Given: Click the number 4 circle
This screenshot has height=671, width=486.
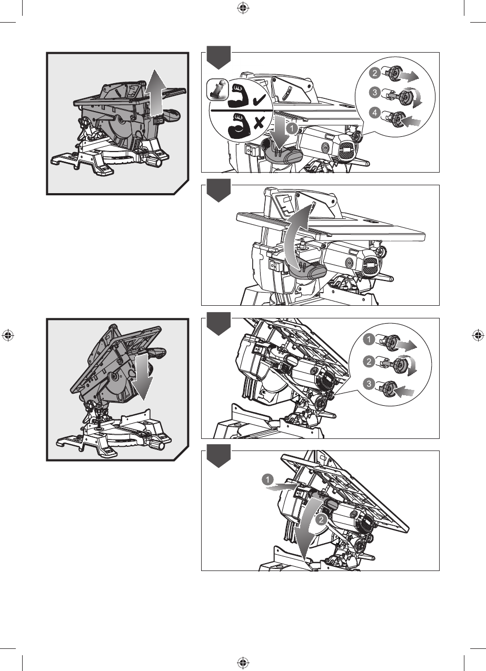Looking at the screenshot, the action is pos(375,113).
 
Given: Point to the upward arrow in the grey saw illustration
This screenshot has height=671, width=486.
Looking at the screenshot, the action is pos(155,93).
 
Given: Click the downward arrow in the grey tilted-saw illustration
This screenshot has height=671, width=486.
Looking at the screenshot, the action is pos(142,376).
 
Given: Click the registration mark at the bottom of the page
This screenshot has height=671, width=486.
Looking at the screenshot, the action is pos(243,663).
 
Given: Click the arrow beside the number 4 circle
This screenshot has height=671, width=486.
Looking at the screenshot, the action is pos(411,122).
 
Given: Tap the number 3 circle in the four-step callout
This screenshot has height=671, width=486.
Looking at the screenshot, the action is pos(375,93).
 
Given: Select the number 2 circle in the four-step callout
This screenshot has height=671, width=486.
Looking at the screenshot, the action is pos(375,73).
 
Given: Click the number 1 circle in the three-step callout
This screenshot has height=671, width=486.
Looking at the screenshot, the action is pos(369,339).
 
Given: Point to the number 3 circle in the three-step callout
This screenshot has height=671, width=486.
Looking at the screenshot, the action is pos(369,384).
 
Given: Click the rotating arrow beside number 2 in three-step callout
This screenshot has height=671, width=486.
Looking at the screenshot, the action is pos(412,365).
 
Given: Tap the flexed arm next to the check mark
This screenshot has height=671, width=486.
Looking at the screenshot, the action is pos(238,96).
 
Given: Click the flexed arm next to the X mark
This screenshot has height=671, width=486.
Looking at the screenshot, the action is pos(238,125).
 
